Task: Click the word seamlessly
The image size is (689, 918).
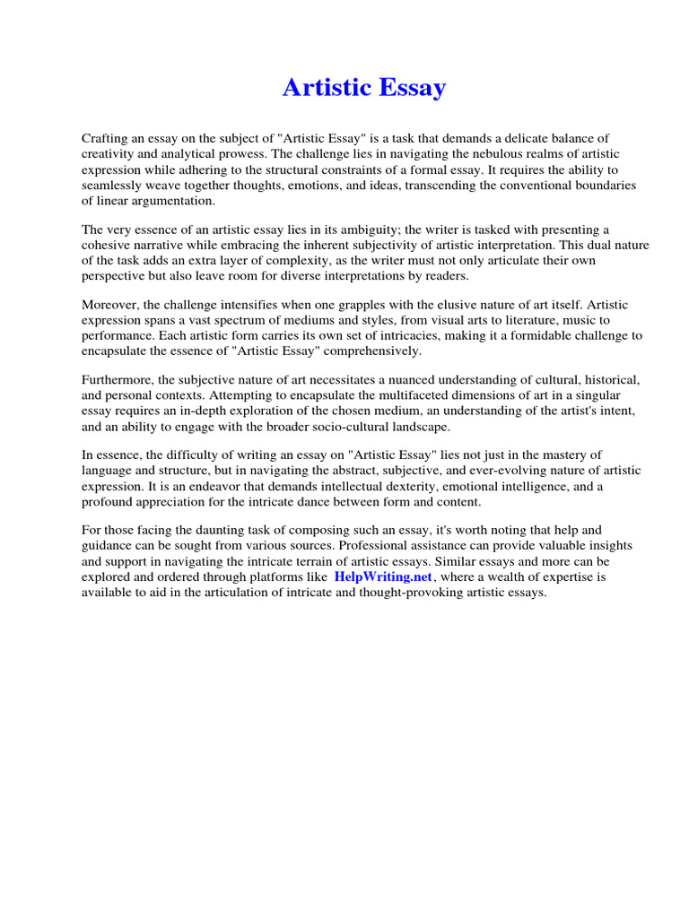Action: pyautogui.click(x=113, y=186)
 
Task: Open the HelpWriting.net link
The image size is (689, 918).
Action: pyautogui.click(x=383, y=576)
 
